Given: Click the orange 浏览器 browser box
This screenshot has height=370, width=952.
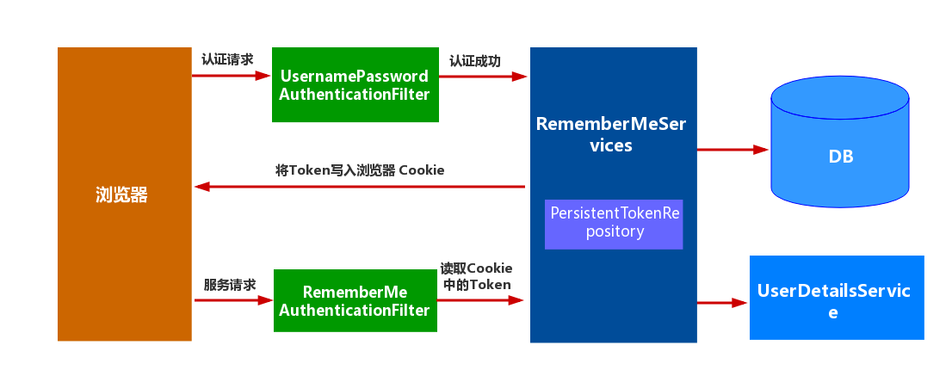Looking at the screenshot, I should [124, 194].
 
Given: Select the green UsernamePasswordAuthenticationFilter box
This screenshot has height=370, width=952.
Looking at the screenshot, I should [355, 85].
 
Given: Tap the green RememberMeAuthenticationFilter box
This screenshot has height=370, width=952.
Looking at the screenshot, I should [355, 301].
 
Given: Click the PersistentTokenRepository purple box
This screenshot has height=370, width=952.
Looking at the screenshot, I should [614, 223].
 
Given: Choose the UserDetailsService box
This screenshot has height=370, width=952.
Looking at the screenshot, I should [836, 298].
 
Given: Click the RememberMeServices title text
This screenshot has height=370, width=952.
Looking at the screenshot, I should [611, 134].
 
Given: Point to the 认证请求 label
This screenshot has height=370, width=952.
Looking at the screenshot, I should [227, 60].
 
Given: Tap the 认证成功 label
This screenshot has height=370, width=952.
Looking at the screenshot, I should [475, 61].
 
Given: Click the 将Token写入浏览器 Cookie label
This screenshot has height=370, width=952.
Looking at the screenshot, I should [360, 170].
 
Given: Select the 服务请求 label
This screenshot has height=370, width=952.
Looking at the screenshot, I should [230, 285].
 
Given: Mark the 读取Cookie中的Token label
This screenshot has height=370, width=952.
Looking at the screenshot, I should [476, 276].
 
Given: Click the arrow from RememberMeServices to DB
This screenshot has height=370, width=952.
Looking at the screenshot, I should [733, 150].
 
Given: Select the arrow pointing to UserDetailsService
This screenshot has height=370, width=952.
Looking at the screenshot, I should [722, 302].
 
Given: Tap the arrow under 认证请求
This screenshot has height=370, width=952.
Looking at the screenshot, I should [231, 76].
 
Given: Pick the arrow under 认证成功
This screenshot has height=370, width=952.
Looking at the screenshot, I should [483, 77].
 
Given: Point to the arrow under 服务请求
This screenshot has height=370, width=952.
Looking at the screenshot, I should [233, 300].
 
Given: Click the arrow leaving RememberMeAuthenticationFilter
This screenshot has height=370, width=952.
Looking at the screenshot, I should [480, 300].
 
